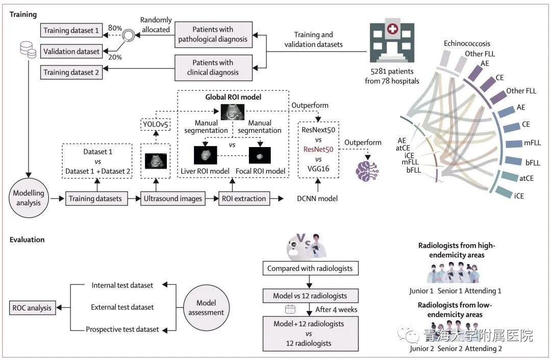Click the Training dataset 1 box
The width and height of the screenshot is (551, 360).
[71, 30]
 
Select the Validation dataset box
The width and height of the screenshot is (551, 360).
[71, 52]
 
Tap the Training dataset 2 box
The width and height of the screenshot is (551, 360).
[71, 73]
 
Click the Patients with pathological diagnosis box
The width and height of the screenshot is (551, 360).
[213, 34]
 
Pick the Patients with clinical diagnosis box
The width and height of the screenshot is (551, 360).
[213, 67]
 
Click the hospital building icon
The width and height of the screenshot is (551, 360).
[392, 42]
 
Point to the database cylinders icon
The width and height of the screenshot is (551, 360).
[28, 50]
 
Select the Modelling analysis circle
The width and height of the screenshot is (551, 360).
[29, 198]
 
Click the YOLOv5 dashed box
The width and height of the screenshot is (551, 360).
[155, 124]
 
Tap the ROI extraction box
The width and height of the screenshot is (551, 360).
[244, 199]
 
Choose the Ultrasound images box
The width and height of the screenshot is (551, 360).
[173, 199]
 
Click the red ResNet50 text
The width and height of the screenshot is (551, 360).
[318, 150]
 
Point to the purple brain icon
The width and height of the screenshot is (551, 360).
[367, 171]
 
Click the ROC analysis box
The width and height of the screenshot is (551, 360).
[32, 308]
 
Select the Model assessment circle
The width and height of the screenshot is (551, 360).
[206, 307]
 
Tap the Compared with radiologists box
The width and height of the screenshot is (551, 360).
[310, 268]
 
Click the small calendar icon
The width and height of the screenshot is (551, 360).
[290, 309]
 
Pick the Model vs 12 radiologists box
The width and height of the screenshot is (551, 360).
[310, 296]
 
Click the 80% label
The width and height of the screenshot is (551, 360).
[115, 28]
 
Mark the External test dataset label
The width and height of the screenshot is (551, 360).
[122, 307]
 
